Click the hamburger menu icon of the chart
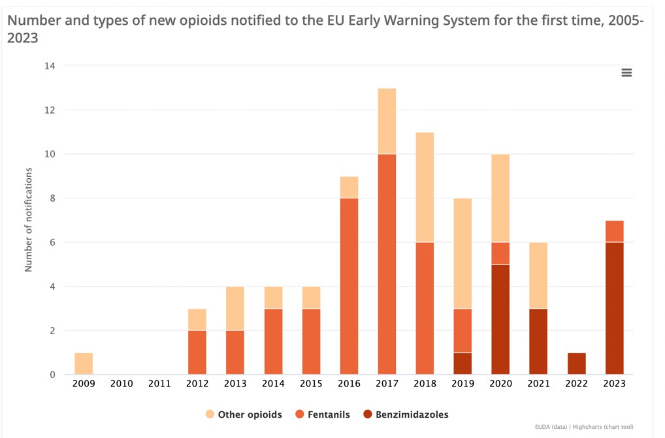click(626, 72)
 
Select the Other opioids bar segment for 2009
click(84, 364)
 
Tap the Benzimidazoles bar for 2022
click(576, 364)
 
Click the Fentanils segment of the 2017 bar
click(387, 264)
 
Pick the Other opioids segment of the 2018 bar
click(425, 187)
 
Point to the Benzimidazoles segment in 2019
click(462, 364)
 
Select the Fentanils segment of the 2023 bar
click(614, 231)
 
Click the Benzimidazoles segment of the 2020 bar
click(500, 319)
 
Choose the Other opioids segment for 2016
click(349, 187)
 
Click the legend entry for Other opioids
click(243, 415)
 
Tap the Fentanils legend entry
click(323, 415)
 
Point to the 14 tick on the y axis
click(50, 66)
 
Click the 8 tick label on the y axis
click(52, 198)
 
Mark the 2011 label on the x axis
click(159, 384)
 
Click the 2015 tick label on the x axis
click(311, 384)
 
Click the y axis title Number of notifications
click(28, 220)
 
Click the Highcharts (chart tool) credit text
click(603, 428)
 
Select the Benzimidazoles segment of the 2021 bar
click(538, 341)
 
